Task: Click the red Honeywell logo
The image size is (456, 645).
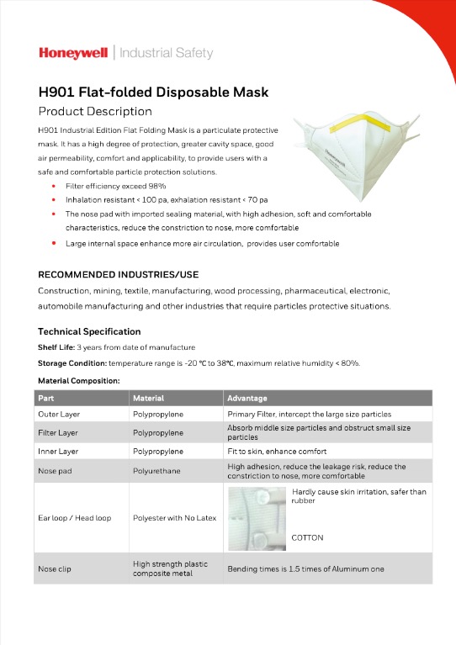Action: coord(73,53)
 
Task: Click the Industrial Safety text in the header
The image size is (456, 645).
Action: coord(167,53)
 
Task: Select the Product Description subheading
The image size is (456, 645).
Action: coord(95,111)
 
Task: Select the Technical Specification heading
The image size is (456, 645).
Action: coord(89,331)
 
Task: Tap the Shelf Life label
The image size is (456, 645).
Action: coord(56,347)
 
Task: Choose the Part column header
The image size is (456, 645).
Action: coord(46,398)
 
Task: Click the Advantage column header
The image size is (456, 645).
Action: coord(247,398)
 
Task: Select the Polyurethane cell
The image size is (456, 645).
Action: coord(156,471)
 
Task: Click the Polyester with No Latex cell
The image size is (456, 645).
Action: coord(174,518)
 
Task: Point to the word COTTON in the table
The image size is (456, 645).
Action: coord(307,537)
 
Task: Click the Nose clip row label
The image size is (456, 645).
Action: coord(55,568)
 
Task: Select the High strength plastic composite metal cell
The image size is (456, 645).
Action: coord(171,568)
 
